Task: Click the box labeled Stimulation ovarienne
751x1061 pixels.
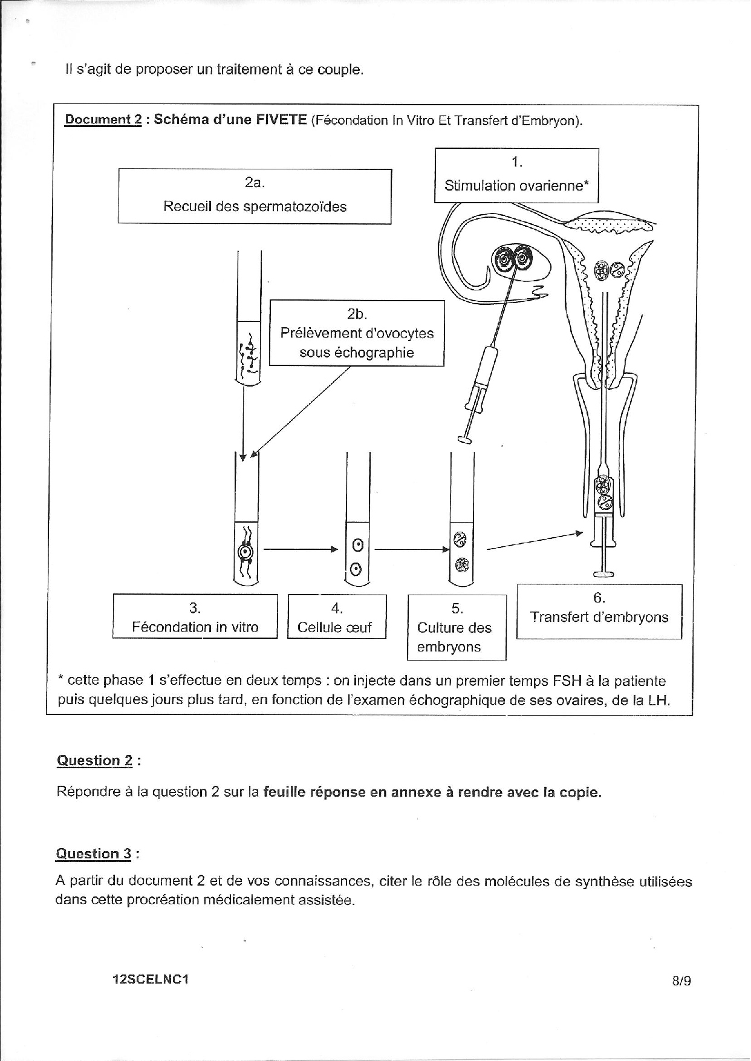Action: click(516, 175)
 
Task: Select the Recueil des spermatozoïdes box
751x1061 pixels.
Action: click(255, 196)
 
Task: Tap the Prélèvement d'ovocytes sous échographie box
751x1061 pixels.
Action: click(357, 333)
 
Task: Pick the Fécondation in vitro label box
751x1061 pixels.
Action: click(195, 616)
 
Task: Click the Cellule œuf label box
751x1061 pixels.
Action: click(337, 616)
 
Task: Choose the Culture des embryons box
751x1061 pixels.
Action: click(457, 627)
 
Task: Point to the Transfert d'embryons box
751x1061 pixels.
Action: click(599, 611)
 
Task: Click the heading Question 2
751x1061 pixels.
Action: click(94, 760)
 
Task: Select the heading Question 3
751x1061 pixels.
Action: click(94, 854)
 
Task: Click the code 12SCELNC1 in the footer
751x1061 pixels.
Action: click(151, 979)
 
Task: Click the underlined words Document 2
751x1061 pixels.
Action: click(103, 119)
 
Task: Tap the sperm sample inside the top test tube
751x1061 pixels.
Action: click(249, 357)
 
